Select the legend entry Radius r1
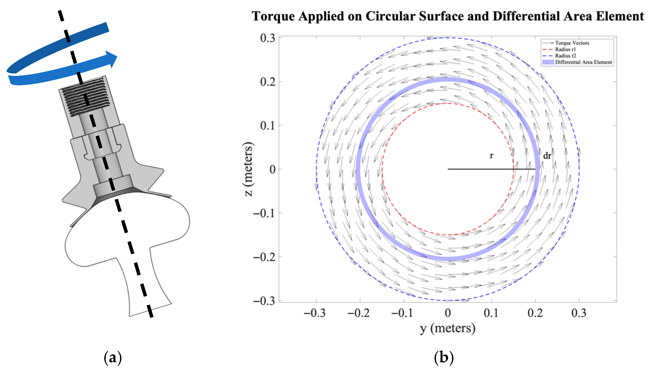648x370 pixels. tap(565, 49)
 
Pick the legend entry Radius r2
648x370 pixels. tap(565, 56)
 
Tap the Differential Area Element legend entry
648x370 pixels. tap(583, 62)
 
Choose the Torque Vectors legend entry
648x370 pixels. tap(572, 43)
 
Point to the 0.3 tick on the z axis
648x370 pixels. tap(267, 38)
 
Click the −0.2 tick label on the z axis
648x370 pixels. tap(264, 257)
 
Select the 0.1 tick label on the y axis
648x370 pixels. tap(491, 313)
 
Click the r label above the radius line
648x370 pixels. tap(491, 156)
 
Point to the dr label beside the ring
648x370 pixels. tap(547, 156)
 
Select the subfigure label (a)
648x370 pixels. tap(113, 358)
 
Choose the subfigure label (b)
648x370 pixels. tap(444, 358)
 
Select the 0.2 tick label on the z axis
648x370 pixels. tap(267, 82)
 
